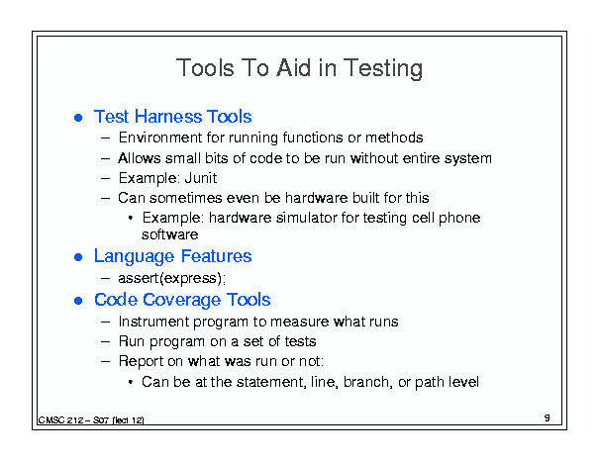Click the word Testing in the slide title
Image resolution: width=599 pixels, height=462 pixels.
point(383,68)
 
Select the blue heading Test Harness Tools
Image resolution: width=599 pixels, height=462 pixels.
point(172,117)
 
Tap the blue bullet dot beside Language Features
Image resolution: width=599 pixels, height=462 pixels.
point(78,257)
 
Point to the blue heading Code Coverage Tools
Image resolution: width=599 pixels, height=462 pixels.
point(182,300)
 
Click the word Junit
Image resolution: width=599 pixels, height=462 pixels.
point(201,178)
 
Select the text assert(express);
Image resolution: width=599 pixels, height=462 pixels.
point(172,278)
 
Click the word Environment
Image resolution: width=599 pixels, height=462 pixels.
point(160,138)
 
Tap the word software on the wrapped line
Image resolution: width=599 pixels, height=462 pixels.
point(170,234)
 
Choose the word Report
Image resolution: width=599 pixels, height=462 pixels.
point(141,361)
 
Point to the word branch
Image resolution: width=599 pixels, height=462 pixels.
point(368,382)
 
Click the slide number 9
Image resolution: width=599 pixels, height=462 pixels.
point(548,417)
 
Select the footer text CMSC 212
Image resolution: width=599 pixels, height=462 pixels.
point(60,420)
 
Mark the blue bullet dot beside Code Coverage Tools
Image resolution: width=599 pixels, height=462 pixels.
point(78,301)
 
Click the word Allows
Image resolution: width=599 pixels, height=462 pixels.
point(140,158)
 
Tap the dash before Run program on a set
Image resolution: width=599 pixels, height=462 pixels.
point(105,341)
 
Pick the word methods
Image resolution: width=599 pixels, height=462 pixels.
point(394,138)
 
